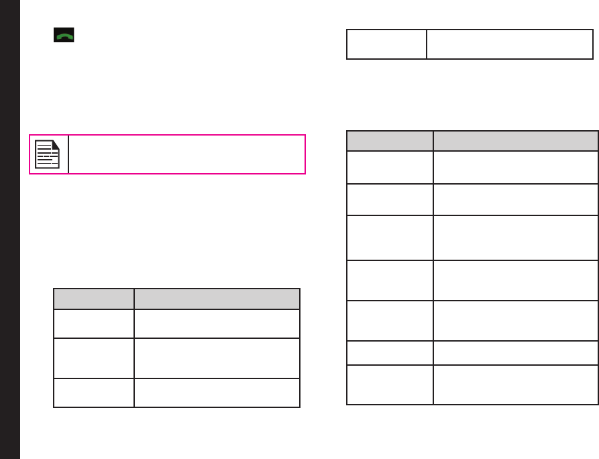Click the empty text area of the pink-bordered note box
[186, 154]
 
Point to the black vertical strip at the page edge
[9, 229]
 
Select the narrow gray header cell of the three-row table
[94, 299]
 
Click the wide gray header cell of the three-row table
[217, 299]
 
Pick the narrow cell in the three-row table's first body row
[94, 323]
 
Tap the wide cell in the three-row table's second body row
[217, 358]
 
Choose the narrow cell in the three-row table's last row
[94, 393]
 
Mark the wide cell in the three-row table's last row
[217, 393]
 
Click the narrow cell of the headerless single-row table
[386, 44]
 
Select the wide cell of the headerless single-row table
[510, 44]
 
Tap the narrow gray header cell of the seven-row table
[390, 141]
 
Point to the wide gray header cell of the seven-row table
[515, 141]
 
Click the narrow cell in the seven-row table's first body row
[390, 166]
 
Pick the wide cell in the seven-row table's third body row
[515, 238]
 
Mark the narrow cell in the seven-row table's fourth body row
[390, 280]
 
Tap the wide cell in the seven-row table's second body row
[515, 199]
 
